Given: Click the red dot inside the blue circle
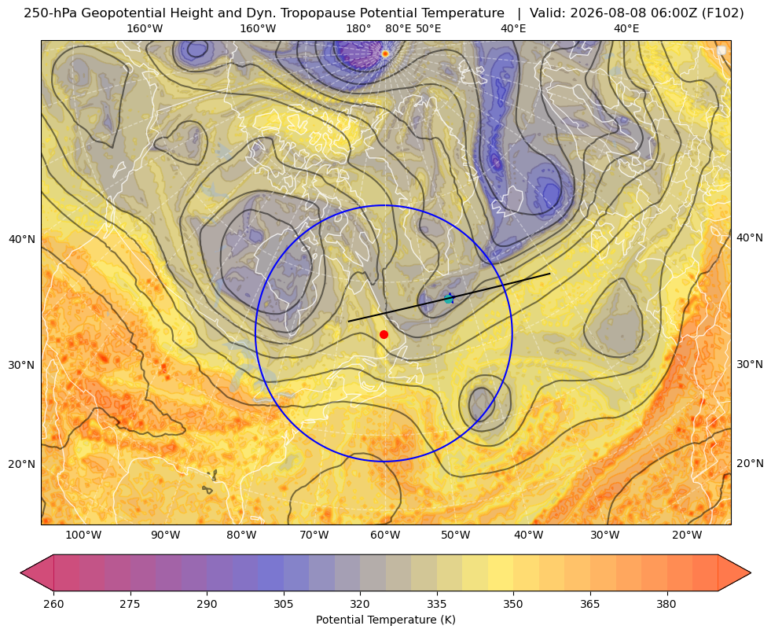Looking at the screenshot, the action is pyautogui.click(x=384, y=334).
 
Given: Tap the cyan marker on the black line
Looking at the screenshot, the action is pyautogui.click(x=449, y=299).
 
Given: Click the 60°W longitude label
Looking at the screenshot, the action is pyautogui.click(x=385, y=535).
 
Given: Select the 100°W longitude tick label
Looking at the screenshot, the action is pyautogui.click(x=83, y=535).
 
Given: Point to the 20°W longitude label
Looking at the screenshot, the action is pyautogui.click(x=687, y=535).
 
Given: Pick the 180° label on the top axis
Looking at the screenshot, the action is pyautogui.click(x=358, y=28).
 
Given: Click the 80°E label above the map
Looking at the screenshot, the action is pyautogui.click(x=398, y=28).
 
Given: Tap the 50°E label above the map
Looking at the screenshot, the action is pyautogui.click(x=428, y=28).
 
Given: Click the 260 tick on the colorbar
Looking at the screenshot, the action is pyautogui.click(x=53, y=604).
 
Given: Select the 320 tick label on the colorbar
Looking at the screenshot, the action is pyautogui.click(x=360, y=604).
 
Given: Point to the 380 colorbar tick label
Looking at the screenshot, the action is pyautogui.click(x=666, y=604).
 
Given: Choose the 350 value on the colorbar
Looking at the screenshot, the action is pyautogui.click(x=513, y=604).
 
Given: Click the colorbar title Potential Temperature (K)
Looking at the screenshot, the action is pyautogui.click(x=385, y=620).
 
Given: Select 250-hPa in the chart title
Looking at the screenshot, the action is pyautogui.click(x=50, y=13).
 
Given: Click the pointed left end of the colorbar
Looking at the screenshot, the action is pyautogui.click(x=21, y=572).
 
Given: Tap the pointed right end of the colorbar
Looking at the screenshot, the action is pyautogui.click(x=750, y=572).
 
